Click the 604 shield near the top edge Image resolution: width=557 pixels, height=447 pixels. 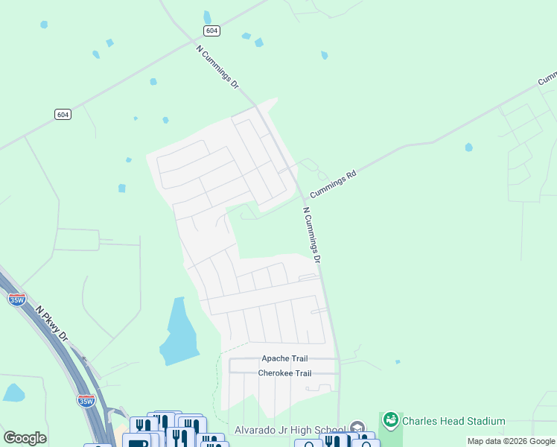click(x=211, y=30)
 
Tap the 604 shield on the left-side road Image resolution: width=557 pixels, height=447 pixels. click(x=63, y=114)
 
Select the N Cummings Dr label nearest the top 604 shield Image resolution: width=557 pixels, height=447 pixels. click(x=217, y=68)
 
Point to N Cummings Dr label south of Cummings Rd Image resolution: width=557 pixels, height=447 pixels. click(x=312, y=235)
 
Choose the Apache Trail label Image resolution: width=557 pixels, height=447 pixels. click(x=284, y=358)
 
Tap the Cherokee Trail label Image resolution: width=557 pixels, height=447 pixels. click(x=284, y=373)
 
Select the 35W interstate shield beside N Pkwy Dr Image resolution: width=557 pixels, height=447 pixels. click(x=16, y=299)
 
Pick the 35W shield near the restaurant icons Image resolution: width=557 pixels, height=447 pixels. click(x=86, y=400)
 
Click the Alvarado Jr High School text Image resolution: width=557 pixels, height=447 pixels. click(x=290, y=430)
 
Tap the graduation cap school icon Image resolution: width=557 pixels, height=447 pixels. click(x=357, y=429)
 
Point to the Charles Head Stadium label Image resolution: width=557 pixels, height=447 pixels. click(x=453, y=421)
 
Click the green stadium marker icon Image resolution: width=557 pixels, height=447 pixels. click(x=390, y=421)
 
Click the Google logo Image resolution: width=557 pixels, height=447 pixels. click(x=25, y=437)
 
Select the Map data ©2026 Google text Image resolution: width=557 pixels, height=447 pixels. click(x=510, y=441)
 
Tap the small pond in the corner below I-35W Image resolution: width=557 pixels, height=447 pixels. click(x=13, y=392)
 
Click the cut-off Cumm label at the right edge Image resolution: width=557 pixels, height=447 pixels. click(x=547, y=77)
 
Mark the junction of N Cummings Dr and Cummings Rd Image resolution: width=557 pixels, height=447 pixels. click(x=302, y=198)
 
